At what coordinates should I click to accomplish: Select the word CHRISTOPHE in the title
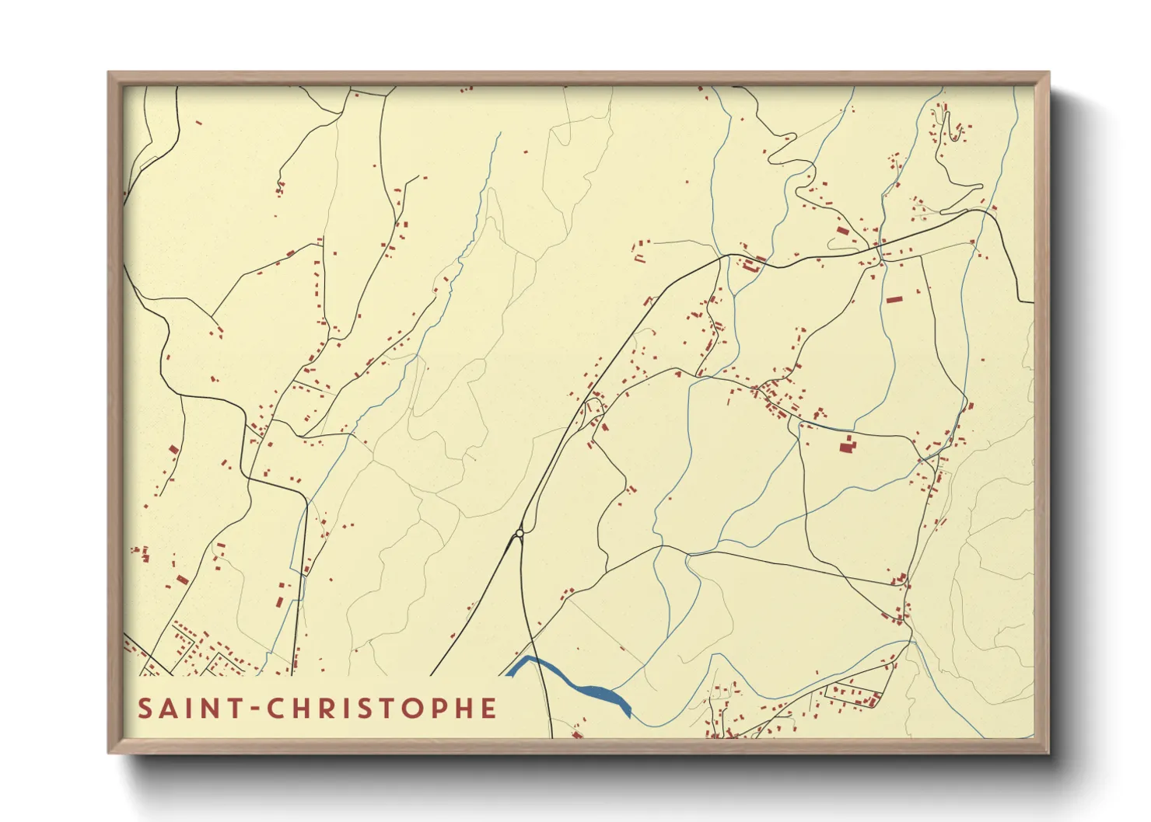click(x=382, y=709)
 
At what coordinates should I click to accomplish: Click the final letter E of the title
click(x=488, y=709)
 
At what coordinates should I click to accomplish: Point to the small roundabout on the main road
click(x=519, y=533)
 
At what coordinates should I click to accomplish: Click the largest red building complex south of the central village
click(x=846, y=445)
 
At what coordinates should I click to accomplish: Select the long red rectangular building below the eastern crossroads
click(x=893, y=299)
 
